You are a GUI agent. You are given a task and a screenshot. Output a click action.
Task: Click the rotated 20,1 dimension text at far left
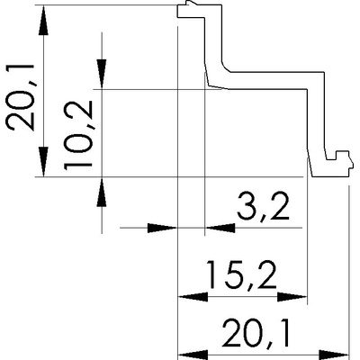21,97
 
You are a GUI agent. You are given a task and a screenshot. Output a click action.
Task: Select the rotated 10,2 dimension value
78,134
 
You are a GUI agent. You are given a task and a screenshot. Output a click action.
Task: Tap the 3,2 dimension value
263,207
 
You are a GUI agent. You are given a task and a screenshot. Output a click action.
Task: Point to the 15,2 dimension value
242,274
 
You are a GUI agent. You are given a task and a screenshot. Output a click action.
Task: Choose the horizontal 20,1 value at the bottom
256,333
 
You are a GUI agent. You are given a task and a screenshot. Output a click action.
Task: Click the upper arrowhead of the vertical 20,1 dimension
44,21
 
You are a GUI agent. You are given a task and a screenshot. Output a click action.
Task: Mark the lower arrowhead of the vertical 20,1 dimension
44,162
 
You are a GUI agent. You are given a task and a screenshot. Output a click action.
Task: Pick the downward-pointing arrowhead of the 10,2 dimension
102,74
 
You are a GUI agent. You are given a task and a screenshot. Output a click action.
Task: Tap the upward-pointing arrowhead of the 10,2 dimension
102,192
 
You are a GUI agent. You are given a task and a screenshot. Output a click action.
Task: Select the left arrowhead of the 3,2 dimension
162,228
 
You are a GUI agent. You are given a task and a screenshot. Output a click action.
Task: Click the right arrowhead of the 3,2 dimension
220,228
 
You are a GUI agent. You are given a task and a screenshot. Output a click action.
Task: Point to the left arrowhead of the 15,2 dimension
193,297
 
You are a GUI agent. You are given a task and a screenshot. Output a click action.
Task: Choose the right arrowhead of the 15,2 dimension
292,297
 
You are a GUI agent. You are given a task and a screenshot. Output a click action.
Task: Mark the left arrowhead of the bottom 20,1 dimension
193,355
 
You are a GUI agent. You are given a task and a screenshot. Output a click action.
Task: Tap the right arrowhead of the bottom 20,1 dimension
334,355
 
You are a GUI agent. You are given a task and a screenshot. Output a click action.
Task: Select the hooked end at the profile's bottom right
339,165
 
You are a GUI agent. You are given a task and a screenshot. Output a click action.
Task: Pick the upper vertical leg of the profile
213,38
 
